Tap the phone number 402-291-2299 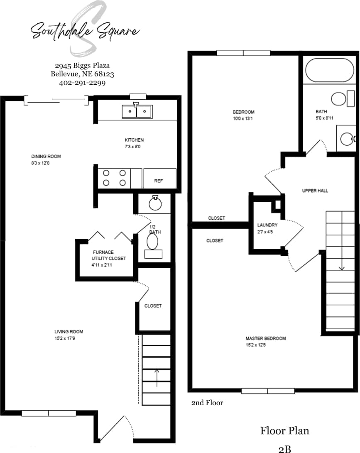coord(82,83)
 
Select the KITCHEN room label coord(134,140)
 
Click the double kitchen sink coord(137,111)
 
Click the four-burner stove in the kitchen coord(114,178)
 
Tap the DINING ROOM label coord(46,157)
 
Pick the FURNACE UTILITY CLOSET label coord(109,255)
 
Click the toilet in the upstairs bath coord(339,100)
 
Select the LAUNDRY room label coord(267,225)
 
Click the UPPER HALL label coord(315,191)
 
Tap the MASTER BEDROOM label coord(265,338)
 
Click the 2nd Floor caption coord(207,403)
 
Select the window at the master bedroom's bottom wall coord(268,391)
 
